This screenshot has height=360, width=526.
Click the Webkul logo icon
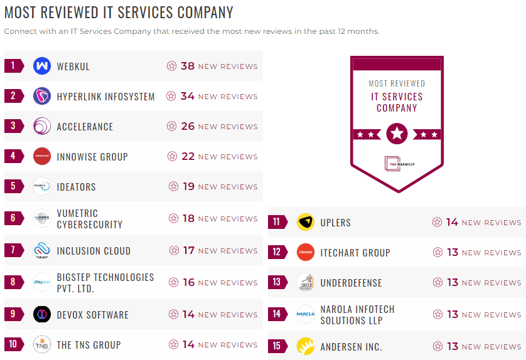pos(42,66)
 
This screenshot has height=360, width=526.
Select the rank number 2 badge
pos(13,96)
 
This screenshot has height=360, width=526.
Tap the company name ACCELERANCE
pos(85,127)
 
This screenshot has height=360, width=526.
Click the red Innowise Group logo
pos(42,156)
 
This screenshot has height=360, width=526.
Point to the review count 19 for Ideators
pos(188,186)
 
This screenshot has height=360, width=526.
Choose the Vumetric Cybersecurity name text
pos(89,219)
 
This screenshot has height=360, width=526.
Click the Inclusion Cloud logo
pos(42,251)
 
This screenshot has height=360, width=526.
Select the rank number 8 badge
pos(13,282)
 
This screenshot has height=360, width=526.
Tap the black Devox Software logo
pos(42,314)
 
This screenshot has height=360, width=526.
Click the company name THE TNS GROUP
pos(89,345)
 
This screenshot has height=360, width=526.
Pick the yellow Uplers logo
pos(306,222)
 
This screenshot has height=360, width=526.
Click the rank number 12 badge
pos(277,252)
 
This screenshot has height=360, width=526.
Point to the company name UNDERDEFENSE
pos(351,283)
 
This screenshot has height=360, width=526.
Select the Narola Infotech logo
pos(306,314)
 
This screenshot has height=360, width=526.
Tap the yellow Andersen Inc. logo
pos(306,346)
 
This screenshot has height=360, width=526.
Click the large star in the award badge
pos(397,134)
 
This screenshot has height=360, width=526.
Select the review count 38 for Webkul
pos(188,66)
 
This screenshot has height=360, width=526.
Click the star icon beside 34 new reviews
pos(171,96)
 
